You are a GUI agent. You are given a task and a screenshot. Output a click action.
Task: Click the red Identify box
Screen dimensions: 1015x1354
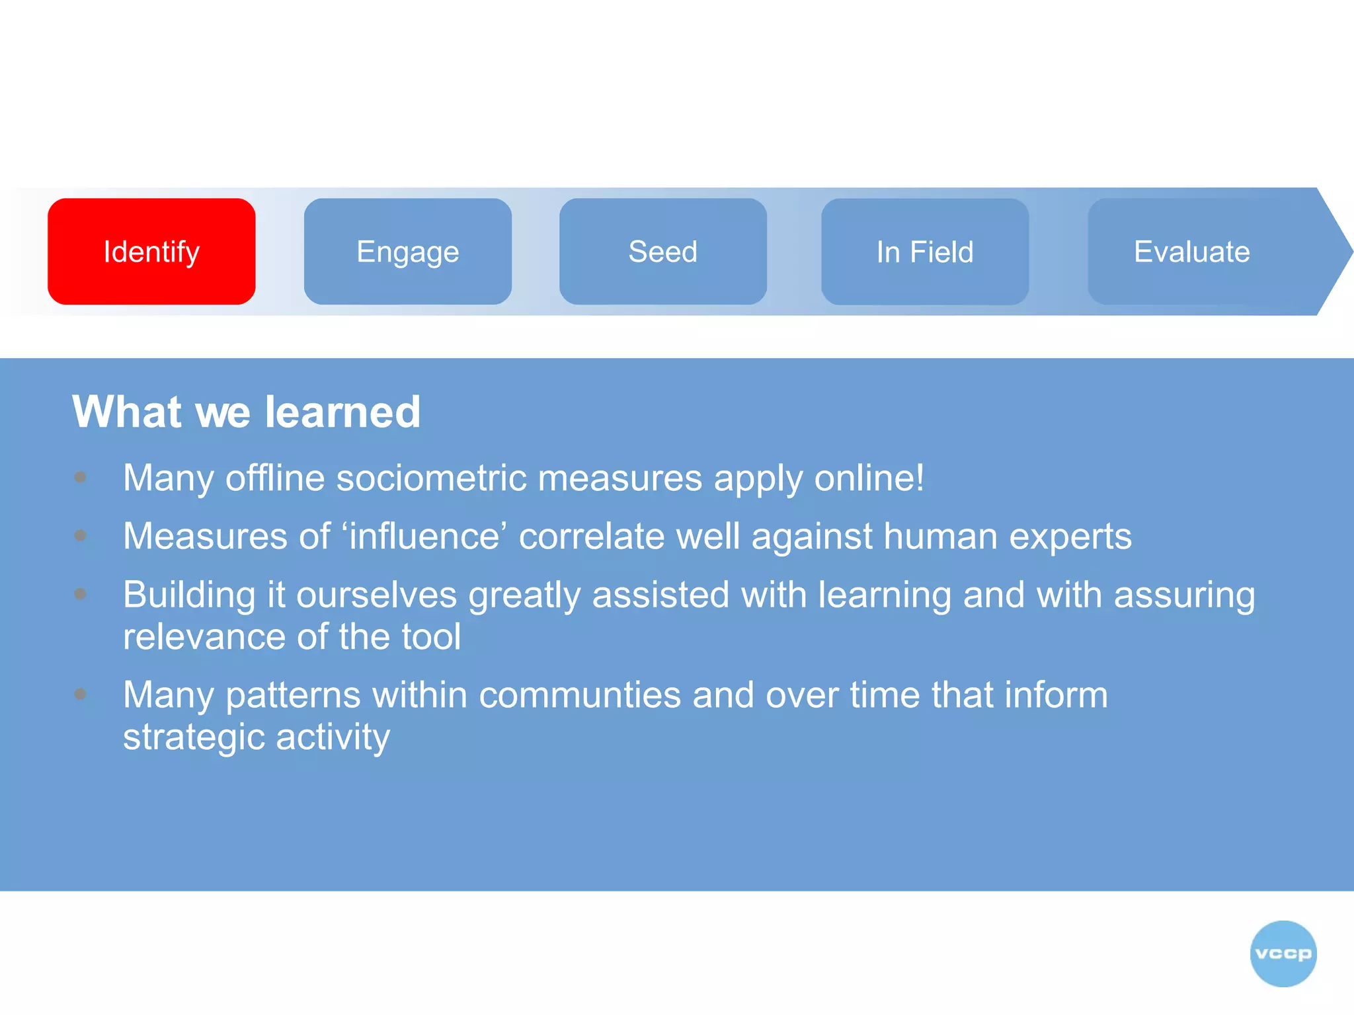coord(151,251)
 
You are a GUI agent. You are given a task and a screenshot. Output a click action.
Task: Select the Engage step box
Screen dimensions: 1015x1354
coord(407,251)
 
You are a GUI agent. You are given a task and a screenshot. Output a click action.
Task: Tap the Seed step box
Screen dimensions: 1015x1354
coord(662,251)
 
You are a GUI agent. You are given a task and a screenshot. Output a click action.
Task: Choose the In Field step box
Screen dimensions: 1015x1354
coord(924,251)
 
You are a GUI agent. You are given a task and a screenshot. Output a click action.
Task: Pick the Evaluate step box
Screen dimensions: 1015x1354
coord(1191,251)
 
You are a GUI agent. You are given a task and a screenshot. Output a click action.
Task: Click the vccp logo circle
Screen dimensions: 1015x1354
coord(1283,953)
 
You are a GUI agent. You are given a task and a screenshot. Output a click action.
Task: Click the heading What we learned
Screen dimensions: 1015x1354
coord(246,412)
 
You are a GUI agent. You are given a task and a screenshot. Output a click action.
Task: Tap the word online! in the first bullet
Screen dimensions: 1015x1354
coord(869,477)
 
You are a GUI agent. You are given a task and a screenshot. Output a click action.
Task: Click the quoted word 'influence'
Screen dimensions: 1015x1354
coord(424,535)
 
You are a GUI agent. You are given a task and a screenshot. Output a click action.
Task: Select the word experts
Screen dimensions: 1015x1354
coord(1070,535)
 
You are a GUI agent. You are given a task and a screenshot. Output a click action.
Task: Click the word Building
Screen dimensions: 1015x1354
coord(189,595)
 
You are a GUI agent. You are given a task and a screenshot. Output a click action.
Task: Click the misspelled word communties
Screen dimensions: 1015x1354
coord(580,695)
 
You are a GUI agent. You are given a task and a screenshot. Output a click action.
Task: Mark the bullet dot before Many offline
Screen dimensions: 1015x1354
coord(81,477)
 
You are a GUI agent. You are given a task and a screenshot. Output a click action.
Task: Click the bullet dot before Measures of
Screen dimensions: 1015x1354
coord(81,535)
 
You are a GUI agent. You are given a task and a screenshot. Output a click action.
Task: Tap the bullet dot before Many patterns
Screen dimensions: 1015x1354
coord(81,694)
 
